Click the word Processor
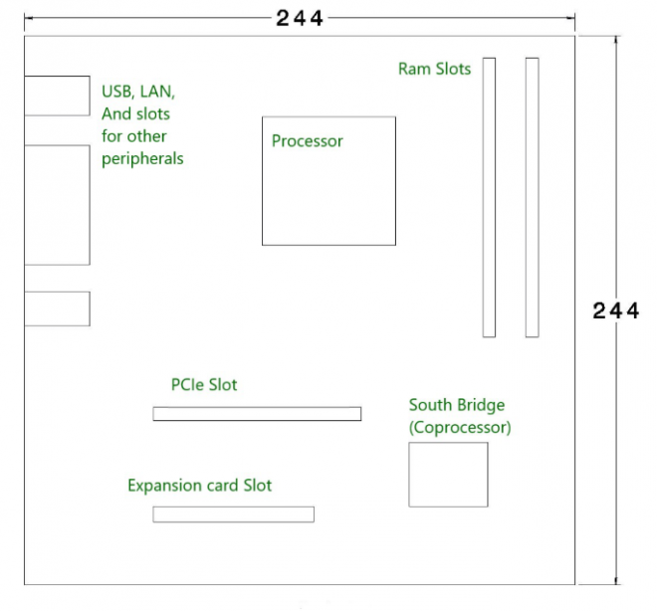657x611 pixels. click(x=307, y=141)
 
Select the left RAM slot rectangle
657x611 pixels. click(x=489, y=197)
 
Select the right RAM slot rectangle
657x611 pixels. click(x=532, y=197)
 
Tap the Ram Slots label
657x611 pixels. click(x=434, y=69)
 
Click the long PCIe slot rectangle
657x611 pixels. click(x=257, y=413)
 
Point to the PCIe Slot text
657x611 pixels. click(x=204, y=384)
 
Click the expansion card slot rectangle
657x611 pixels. click(x=233, y=514)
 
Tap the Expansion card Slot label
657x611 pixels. click(x=199, y=486)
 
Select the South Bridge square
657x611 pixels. click(x=448, y=475)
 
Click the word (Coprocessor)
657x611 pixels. click(x=460, y=428)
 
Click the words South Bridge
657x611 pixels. click(x=456, y=405)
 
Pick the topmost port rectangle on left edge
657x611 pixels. click(x=57, y=97)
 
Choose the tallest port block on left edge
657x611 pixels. click(x=57, y=205)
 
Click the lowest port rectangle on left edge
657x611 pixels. click(x=57, y=308)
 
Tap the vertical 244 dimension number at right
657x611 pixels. click(x=615, y=310)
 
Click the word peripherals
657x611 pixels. click(x=142, y=158)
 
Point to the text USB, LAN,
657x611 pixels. click(x=138, y=92)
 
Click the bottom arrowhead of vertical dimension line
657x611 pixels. click(x=617, y=579)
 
